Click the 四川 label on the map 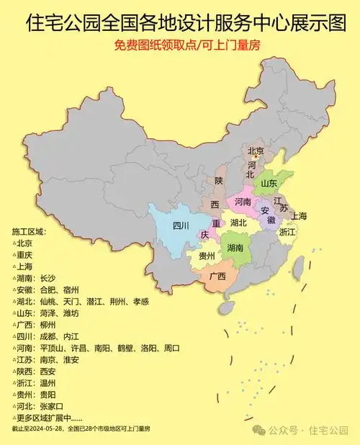(181, 225)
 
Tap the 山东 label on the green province (269, 183)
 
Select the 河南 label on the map (243, 202)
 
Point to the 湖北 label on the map (238, 223)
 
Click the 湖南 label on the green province (235, 247)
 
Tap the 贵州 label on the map (207, 256)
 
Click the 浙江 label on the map (287, 232)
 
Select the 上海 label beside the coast (299, 215)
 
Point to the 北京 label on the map (256, 151)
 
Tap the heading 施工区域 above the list (28, 231)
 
